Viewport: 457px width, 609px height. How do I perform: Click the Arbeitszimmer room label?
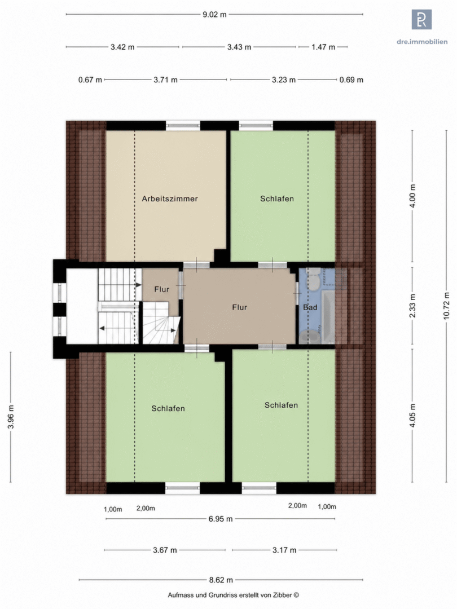coord(169,198)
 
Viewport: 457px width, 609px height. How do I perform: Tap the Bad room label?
coord(310,307)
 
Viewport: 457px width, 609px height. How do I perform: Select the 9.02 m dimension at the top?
coord(214,15)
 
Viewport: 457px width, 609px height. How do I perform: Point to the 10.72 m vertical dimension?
coord(446,306)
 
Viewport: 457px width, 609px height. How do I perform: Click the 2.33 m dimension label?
coord(412,306)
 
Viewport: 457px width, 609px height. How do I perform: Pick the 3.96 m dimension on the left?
coord(11,417)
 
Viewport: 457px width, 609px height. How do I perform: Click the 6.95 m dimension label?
coord(221,519)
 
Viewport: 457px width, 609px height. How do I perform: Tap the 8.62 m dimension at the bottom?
coord(221,580)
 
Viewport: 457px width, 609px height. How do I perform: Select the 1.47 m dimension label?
coord(323,47)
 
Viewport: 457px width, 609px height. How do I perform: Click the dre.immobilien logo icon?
coord(421,19)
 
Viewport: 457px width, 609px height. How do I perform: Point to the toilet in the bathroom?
coord(313,280)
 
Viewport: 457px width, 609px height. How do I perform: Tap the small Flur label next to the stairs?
coord(162,289)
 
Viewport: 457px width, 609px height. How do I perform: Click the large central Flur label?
coord(239,307)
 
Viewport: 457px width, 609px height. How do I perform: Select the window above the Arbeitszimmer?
coord(183,125)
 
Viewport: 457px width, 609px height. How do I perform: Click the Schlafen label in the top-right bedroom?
coord(276,198)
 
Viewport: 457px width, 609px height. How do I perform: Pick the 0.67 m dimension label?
coord(90,80)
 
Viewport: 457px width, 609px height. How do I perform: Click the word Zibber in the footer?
coord(282,595)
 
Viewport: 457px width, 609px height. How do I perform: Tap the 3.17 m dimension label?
coord(284,550)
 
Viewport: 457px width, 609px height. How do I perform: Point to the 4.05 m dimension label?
coord(412,415)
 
